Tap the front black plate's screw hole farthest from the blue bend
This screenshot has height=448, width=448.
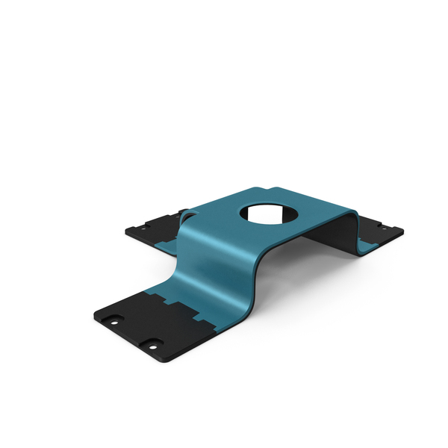tap(113, 320)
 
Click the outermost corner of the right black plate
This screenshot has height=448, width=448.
tap(402, 231)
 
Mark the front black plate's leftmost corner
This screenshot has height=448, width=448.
tap(94, 316)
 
